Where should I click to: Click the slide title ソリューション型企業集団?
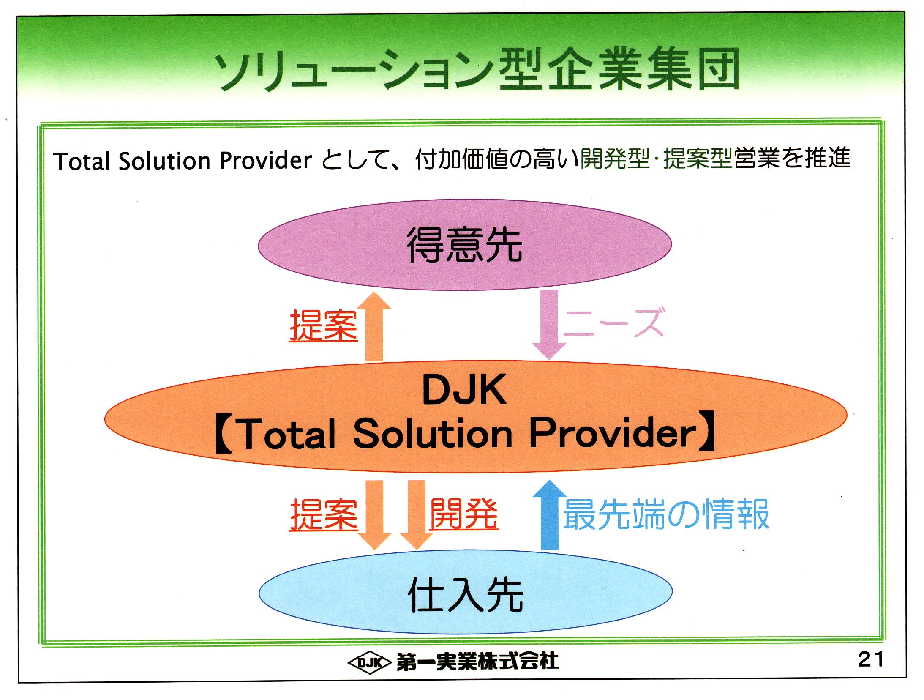(x=477, y=70)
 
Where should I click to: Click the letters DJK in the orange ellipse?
(x=464, y=390)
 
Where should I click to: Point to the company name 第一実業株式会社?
(x=477, y=662)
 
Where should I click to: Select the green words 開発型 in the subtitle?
(x=614, y=159)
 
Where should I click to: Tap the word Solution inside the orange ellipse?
(x=433, y=433)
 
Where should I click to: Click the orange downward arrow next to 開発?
(x=416, y=514)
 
